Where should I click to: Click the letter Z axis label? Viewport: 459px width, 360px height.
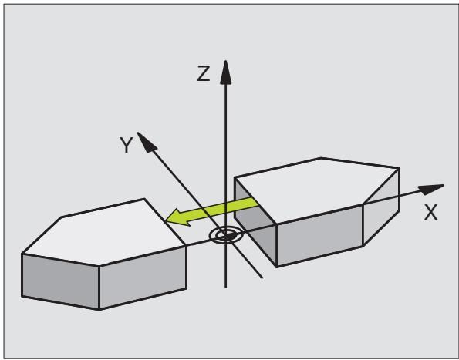(x=204, y=73)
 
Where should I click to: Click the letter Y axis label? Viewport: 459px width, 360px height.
(x=127, y=145)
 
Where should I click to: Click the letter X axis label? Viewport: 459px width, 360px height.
(x=430, y=212)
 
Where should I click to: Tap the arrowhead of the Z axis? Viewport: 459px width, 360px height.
(x=225, y=72)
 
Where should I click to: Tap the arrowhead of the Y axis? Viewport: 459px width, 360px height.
(x=147, y=142)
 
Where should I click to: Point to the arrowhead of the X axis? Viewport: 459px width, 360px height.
(x=431, y=190)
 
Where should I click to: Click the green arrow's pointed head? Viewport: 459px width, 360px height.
(x=178, y=217)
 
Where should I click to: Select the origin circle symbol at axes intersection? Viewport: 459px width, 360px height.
(x=226, y=235)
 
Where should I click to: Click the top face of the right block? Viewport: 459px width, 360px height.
(x=316, y=190)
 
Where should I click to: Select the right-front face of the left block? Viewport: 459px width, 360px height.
(x=143, y=278)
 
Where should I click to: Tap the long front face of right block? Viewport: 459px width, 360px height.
(x=319, y=235)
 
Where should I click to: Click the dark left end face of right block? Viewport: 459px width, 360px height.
(x=255, y=222)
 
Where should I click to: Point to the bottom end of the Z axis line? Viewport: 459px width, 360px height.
(x=225, y=288)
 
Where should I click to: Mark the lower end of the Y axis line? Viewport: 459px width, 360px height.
(x=262, y=278)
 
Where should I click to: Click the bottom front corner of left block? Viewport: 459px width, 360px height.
(x=100, y=309)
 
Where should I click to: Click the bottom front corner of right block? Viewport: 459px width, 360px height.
(x=277, y=267)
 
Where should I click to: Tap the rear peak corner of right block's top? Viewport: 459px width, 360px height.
(x=321, y=158)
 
